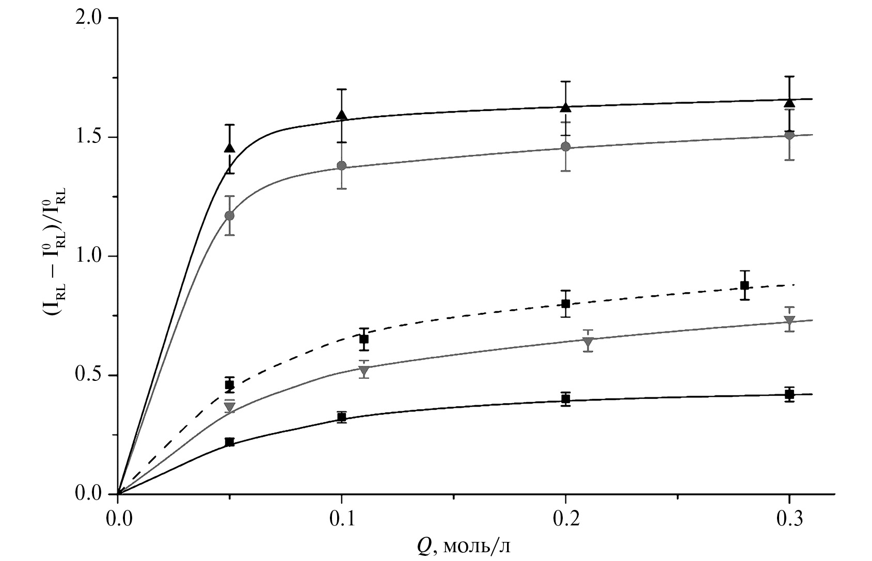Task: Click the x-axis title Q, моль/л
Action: click(459, 545)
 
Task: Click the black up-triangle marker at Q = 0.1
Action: click(341, 115)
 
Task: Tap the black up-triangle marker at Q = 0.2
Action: click(566, 107)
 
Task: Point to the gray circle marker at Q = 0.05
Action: click(230, 215)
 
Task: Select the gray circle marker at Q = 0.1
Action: click(341, 166)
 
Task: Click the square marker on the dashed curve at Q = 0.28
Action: click(744, 285)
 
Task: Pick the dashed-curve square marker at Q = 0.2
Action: click(566, 303)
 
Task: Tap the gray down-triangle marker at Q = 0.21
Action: click(588, 342)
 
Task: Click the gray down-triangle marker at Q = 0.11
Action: click(364, 370)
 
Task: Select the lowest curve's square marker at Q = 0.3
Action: click(789, 395)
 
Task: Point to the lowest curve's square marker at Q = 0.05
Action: click(230, 442)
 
